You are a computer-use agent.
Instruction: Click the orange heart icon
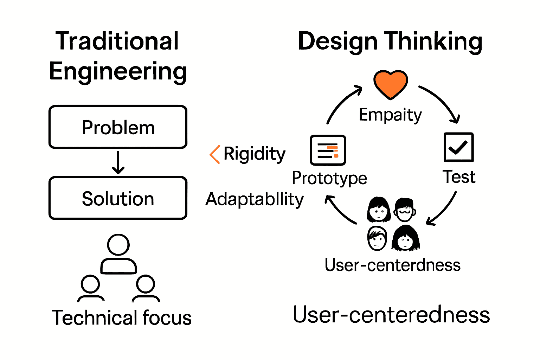pos(390,84)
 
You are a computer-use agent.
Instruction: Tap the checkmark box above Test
pos(458,147)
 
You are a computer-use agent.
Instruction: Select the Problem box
pos(118,127)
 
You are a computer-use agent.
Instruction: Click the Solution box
pos(118,198)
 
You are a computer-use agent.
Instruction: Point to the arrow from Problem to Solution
pos(118,162)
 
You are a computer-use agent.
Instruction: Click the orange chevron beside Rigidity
pos(215,154)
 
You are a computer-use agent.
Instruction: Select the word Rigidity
pos(255,154)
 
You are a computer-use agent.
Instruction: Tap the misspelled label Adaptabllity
pos(255,199)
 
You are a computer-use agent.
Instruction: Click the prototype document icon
pos(328,150)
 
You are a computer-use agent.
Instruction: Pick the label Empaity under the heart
pos(390,115)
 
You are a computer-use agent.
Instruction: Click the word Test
pos(458,177)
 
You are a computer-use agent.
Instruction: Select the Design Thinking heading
pos(390,41)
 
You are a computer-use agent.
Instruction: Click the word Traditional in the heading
pos(117,41)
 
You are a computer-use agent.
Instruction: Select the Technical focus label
pos(122,318)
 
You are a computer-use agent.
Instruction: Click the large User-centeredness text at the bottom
pos(391,315)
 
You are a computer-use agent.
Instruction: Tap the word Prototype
pos(329,178)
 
